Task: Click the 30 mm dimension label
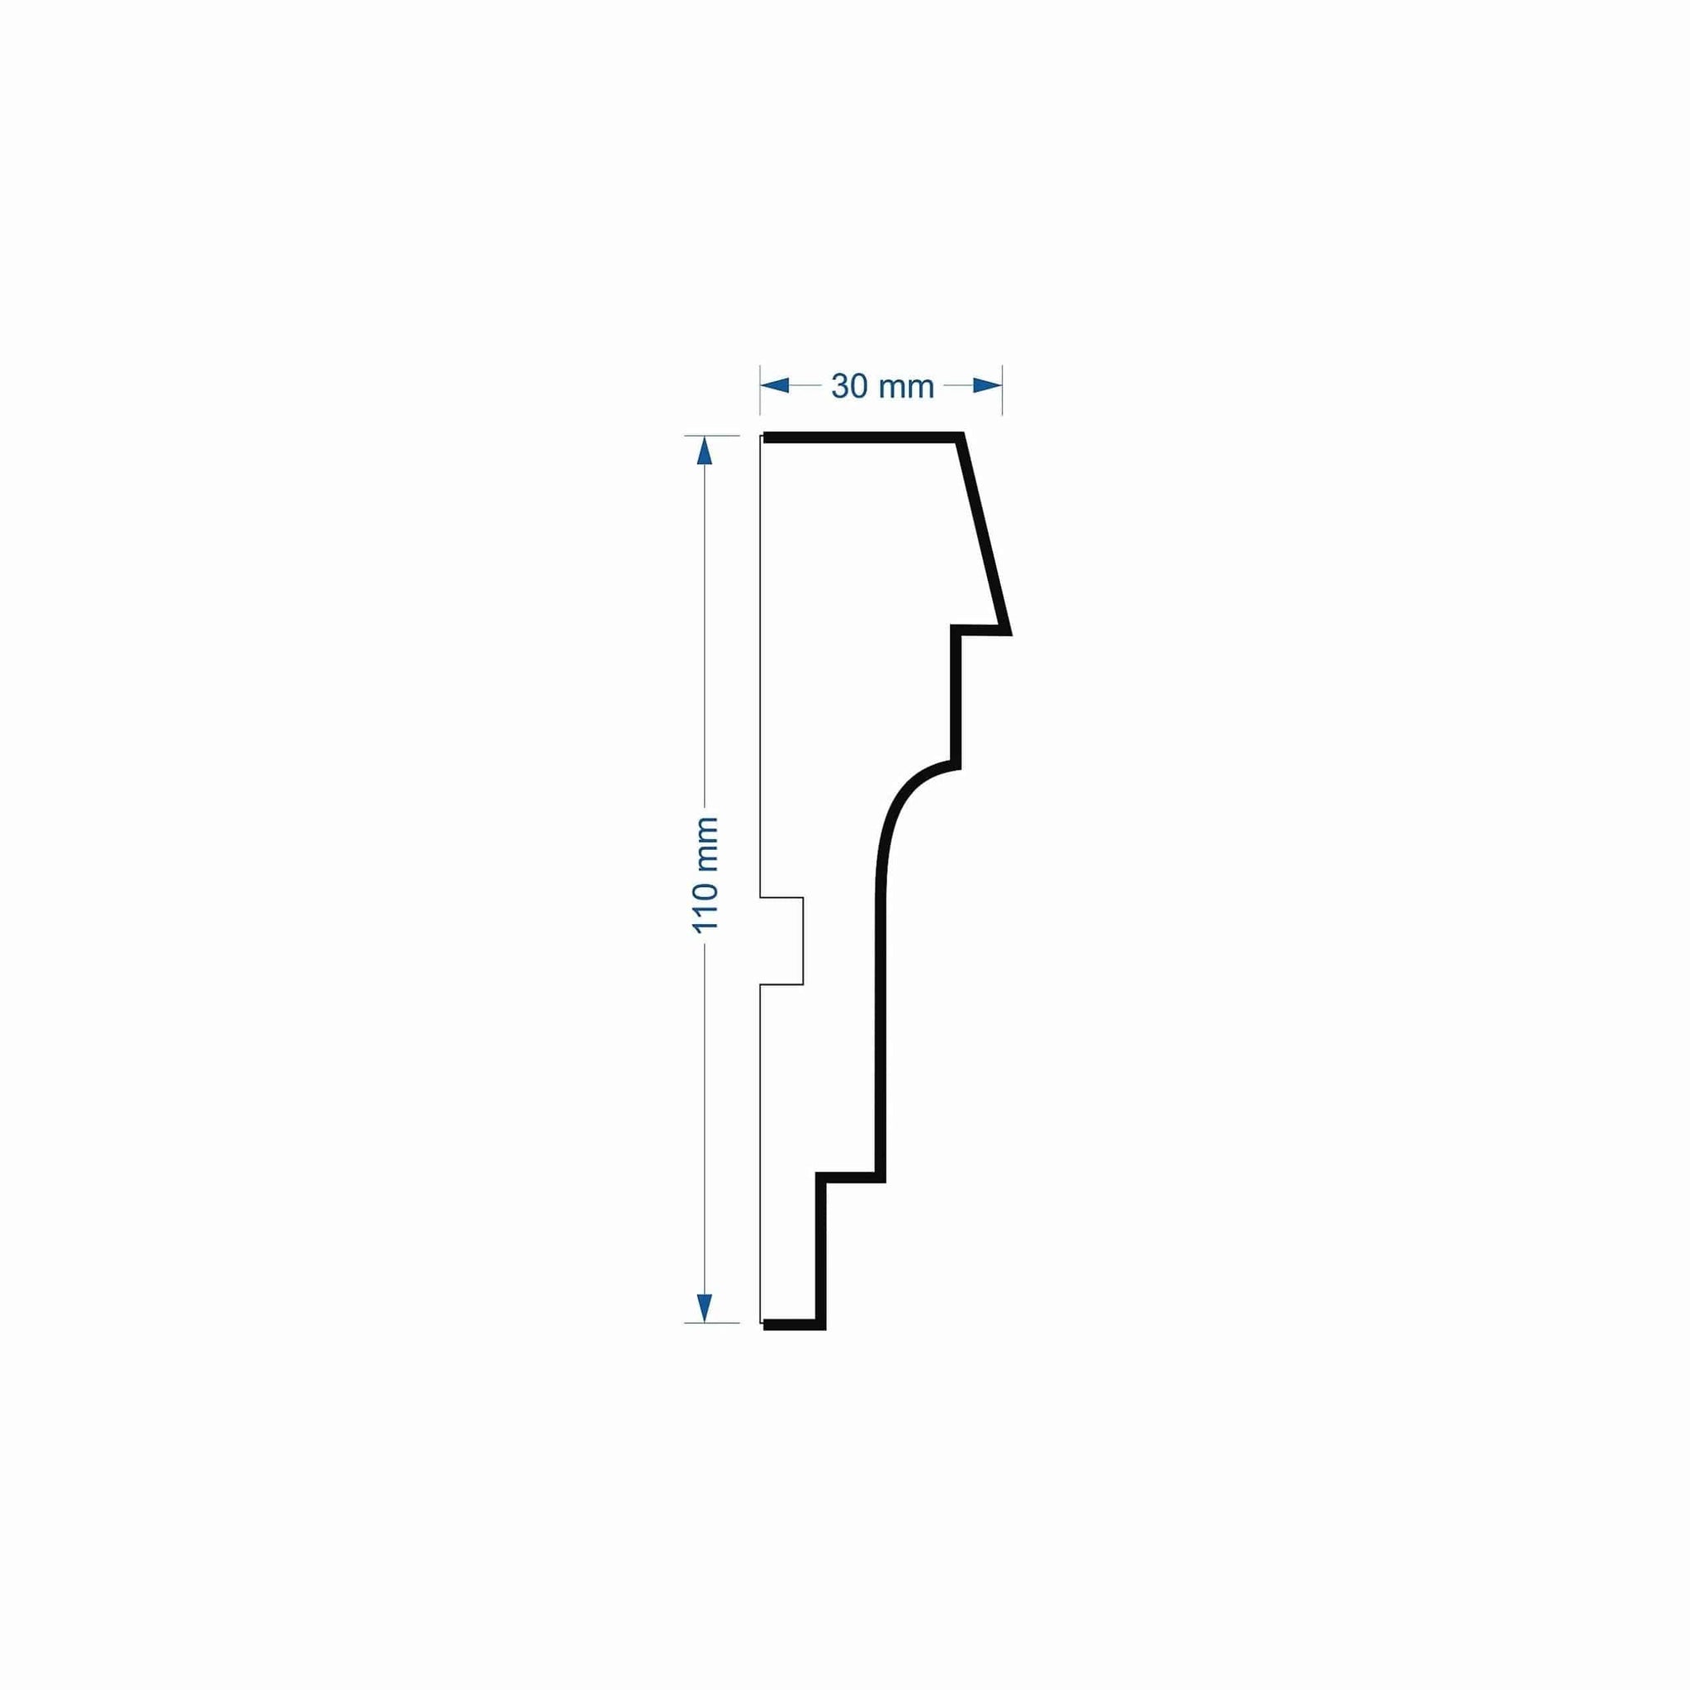(883, 385)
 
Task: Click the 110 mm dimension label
(705, 875)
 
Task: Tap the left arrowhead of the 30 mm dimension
(775, 385)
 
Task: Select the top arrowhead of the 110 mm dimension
(704, 451)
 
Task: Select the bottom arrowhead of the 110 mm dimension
(704, 1307)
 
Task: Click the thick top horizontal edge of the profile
(862, 437)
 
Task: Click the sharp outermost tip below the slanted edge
(1008, 631)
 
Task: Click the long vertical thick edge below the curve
(880, 1032)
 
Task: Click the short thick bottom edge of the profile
(792, 1325)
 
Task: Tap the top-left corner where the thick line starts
(767, 437)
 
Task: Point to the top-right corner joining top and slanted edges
(961, 437)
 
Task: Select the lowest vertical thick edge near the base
(820, 1251)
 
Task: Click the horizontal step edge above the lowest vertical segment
(850, 1177)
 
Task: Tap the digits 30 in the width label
(847, 385)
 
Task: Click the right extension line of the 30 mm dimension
(1002, 389)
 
